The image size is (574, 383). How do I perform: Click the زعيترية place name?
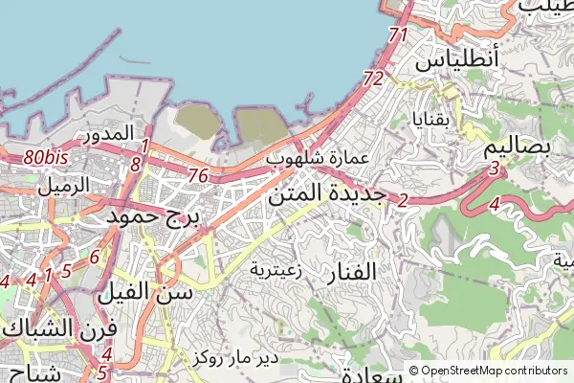pos(277,270)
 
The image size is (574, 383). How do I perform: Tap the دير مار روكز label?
pos(234,359)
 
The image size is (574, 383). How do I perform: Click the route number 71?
pos(399,34)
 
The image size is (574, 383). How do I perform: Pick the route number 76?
pos(199,175)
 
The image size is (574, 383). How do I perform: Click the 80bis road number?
pos(46,156)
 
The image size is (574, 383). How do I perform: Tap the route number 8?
pos(135,165)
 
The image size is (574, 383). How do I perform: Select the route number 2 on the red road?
pos(403,200)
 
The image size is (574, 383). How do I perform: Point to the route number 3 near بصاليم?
pos(494,169)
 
